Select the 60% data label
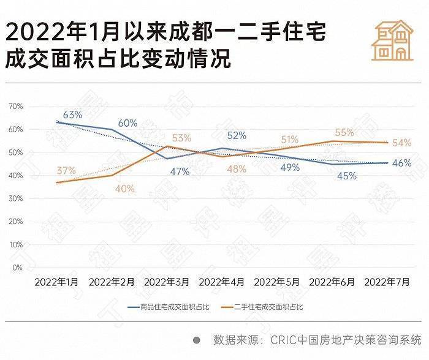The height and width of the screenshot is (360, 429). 127,123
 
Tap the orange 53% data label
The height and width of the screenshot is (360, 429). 181,138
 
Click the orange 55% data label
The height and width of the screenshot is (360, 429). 344,133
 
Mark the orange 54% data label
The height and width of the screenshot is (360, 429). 401,143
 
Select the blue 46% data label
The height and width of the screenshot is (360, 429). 401,163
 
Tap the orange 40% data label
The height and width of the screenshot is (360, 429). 124,189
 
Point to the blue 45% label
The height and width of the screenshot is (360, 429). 346,176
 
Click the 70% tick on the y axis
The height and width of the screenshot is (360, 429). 15,107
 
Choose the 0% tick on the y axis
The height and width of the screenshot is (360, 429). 18,268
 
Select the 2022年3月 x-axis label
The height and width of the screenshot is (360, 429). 167,282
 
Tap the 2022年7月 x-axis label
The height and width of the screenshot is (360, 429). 387,282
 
